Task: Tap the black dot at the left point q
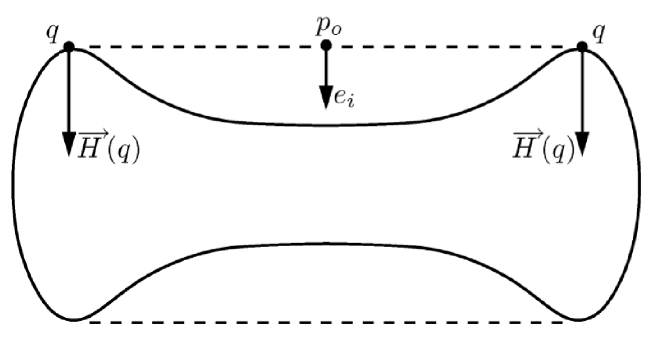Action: (x=68, y=47)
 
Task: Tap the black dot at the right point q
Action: (x=582, y=47)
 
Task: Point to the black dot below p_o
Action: (x=325, y=47)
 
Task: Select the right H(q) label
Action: (x=542, y=146)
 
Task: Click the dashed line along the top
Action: (x=200, y=47)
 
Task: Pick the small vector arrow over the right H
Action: (x=523, y=131)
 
